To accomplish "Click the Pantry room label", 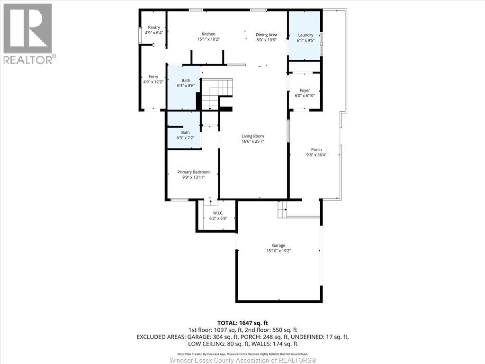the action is point(154,27).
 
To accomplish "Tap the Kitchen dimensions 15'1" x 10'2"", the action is point(208,39).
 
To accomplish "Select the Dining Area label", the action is point(266,35).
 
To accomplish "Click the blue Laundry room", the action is point(305,36).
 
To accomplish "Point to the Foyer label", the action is point(305,91).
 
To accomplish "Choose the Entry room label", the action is point(153,77).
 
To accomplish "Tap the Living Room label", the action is point(253,136).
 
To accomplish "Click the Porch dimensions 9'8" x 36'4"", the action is point(316,155).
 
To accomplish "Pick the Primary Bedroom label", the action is point(193,172).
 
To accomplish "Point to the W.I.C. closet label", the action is point(218,213).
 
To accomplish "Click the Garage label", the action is point(278,246).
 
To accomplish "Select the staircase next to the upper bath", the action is point(217,94).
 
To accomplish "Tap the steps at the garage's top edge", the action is point(282,209).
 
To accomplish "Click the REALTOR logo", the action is point(28,34).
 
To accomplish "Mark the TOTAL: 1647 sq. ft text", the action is point(242,323).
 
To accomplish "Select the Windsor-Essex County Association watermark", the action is point(243,360).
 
